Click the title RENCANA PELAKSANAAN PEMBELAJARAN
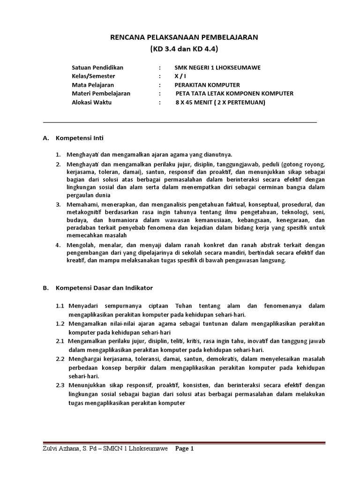[180, 37]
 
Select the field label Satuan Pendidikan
[97, 67]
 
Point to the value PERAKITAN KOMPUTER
[207, 85]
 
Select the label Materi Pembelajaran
[101, 93]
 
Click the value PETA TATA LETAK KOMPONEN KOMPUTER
[234, 93]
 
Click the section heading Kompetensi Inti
[79, 138]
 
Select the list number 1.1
[60, 306]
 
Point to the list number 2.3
[60, 385]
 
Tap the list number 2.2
[60, 359]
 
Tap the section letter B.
[45, 287]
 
